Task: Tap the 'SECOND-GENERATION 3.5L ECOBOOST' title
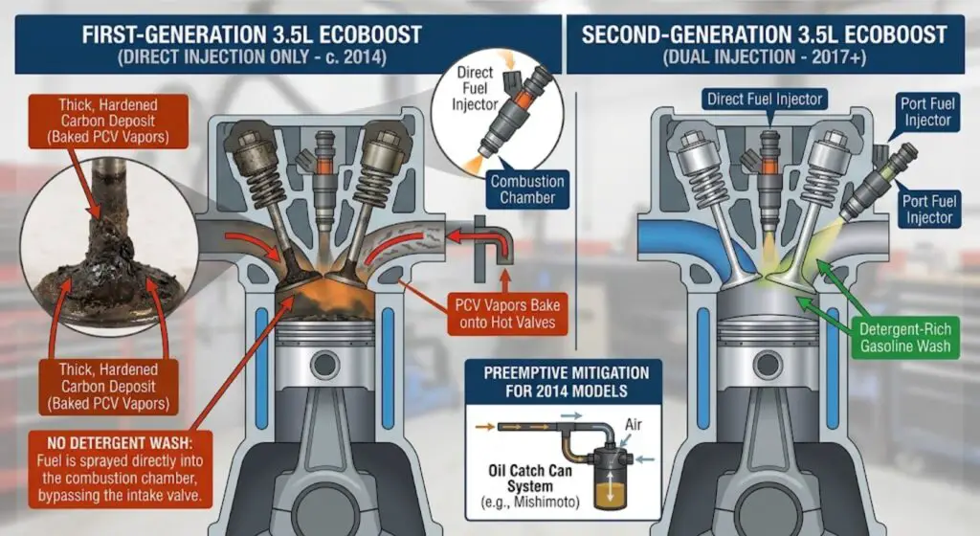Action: [x=764, y=34]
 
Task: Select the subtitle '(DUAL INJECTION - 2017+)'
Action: [x=764, y=57]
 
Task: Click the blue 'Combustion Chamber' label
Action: [x=528, y=190]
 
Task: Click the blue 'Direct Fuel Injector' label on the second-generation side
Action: [x=765, y=99]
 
